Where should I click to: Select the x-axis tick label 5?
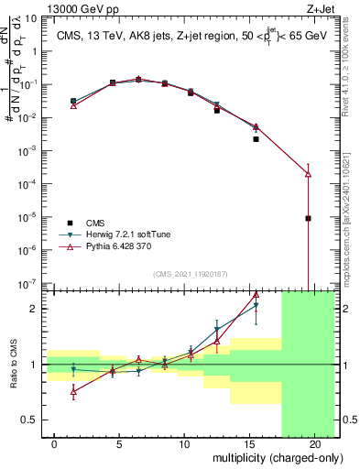[x=120, y=443]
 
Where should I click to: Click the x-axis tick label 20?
[x=314, y=443]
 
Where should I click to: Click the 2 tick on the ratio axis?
[x=35, y=309]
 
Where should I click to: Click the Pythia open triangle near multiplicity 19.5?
[x=309, y=173]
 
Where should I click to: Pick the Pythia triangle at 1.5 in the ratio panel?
[x=74, y=391]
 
